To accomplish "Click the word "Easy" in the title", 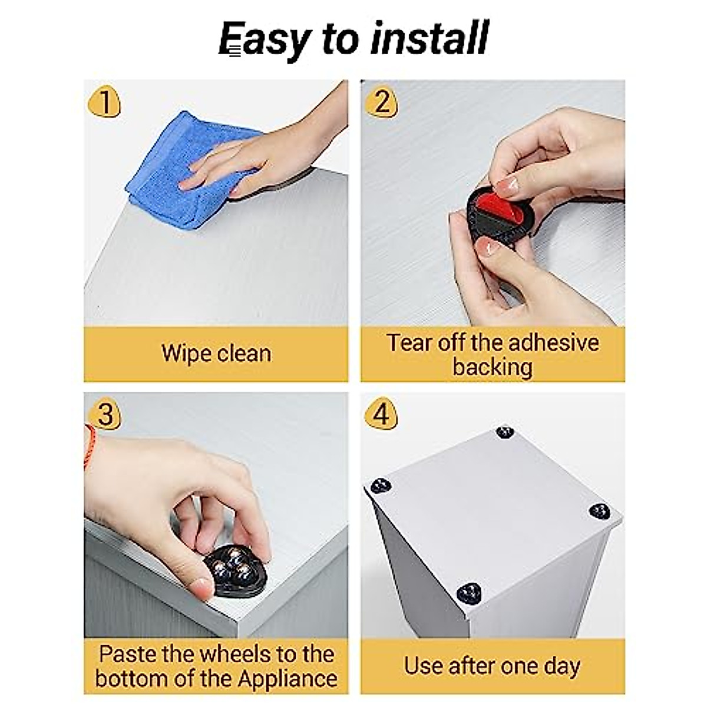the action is [265, 39].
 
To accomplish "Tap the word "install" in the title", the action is [430, 38].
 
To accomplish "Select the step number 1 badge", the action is [104, 101].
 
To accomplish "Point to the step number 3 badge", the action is [104, 414].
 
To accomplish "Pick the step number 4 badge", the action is [381, 414].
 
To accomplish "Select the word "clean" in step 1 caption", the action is [244, 353].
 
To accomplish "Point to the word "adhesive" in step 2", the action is [554, 343].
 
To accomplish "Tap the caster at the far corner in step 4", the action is [505, 432].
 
